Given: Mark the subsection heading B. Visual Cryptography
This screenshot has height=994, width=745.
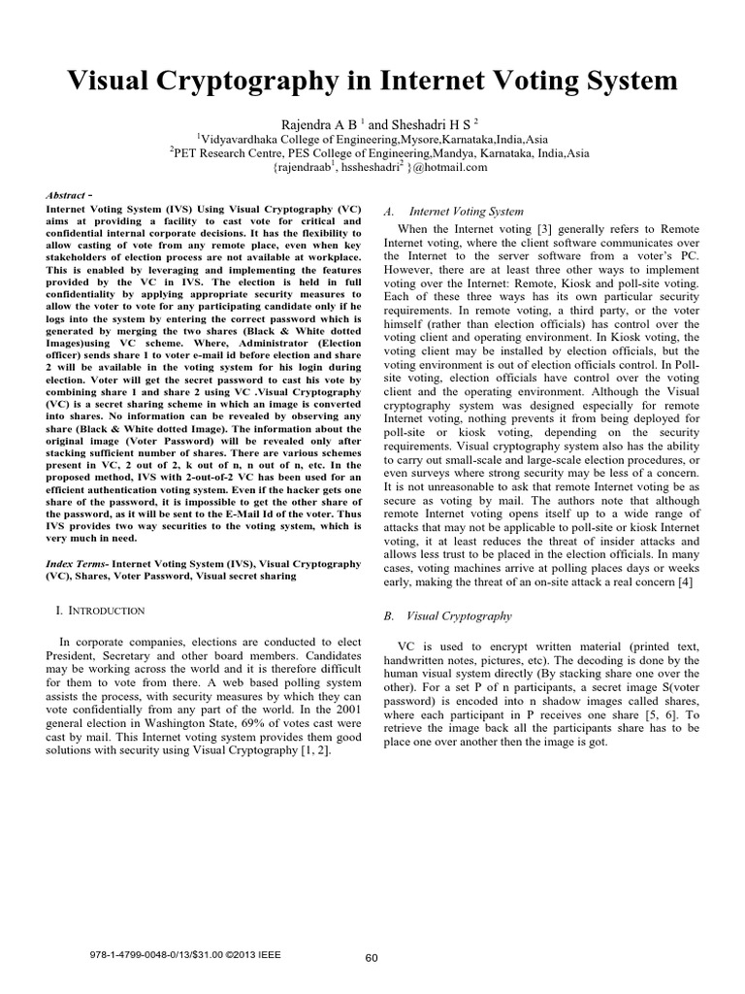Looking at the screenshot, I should tap(448, 615).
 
